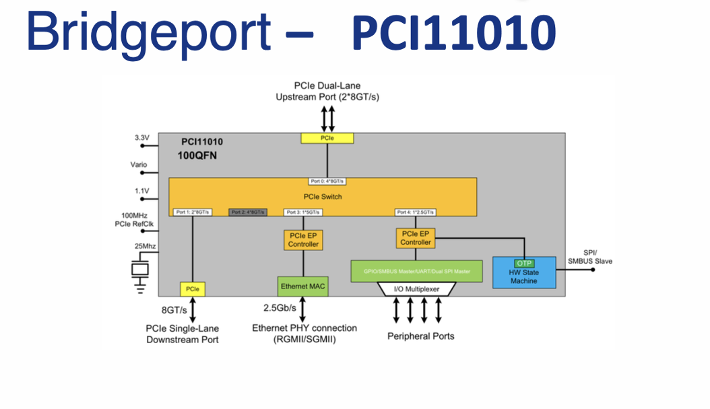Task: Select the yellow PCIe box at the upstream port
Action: pos(327,138)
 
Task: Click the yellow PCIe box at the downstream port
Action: pos(193,289)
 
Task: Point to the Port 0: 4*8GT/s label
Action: pos(328,182)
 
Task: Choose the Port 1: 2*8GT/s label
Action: pos(193,212)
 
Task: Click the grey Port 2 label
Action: pos(248,212)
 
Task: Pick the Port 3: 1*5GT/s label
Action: pos(303,212)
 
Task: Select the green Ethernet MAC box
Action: pos(303,286)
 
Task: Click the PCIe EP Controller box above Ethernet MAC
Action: pos(303,240)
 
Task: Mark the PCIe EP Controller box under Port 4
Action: pos(416,237)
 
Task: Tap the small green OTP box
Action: pos(524,263)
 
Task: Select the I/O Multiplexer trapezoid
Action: pos(416,289)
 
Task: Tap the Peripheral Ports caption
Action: pos(420,336)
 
